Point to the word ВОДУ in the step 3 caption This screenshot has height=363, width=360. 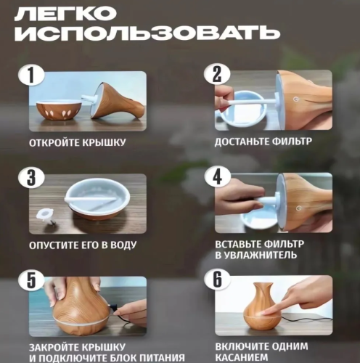tap(119, 245)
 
